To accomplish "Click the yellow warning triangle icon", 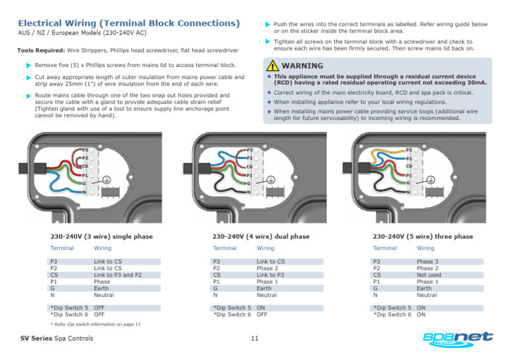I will (x=272, y=66).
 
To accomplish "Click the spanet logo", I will (x=459, y=339).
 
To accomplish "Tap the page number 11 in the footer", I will (x=254, y=339).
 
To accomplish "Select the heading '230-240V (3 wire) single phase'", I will (x=101, y=236).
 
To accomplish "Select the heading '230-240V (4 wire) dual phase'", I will (x=260, y=236).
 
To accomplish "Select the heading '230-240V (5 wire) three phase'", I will (x=422, y=236).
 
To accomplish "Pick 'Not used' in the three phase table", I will (x=429, y=275).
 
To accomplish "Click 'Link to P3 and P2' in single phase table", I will (x=118, y=275).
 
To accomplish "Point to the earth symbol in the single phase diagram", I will (x=106, y=179).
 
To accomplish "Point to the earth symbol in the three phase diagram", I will (x=431, y=179).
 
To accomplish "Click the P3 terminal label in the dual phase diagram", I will (x=249, y=150).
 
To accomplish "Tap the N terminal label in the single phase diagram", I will (x=84, y=192).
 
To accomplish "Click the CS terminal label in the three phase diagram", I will (x=409, y=166).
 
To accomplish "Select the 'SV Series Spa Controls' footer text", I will (x=56, y=339).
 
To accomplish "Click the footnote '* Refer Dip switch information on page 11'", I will (x=96, y=325).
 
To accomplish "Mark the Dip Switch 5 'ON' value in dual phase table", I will (x=261, y=308).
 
